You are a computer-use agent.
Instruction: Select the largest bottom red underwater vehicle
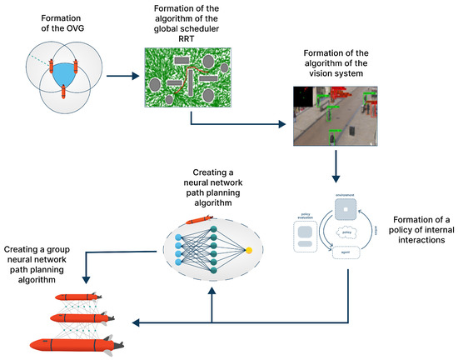(75, 343)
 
